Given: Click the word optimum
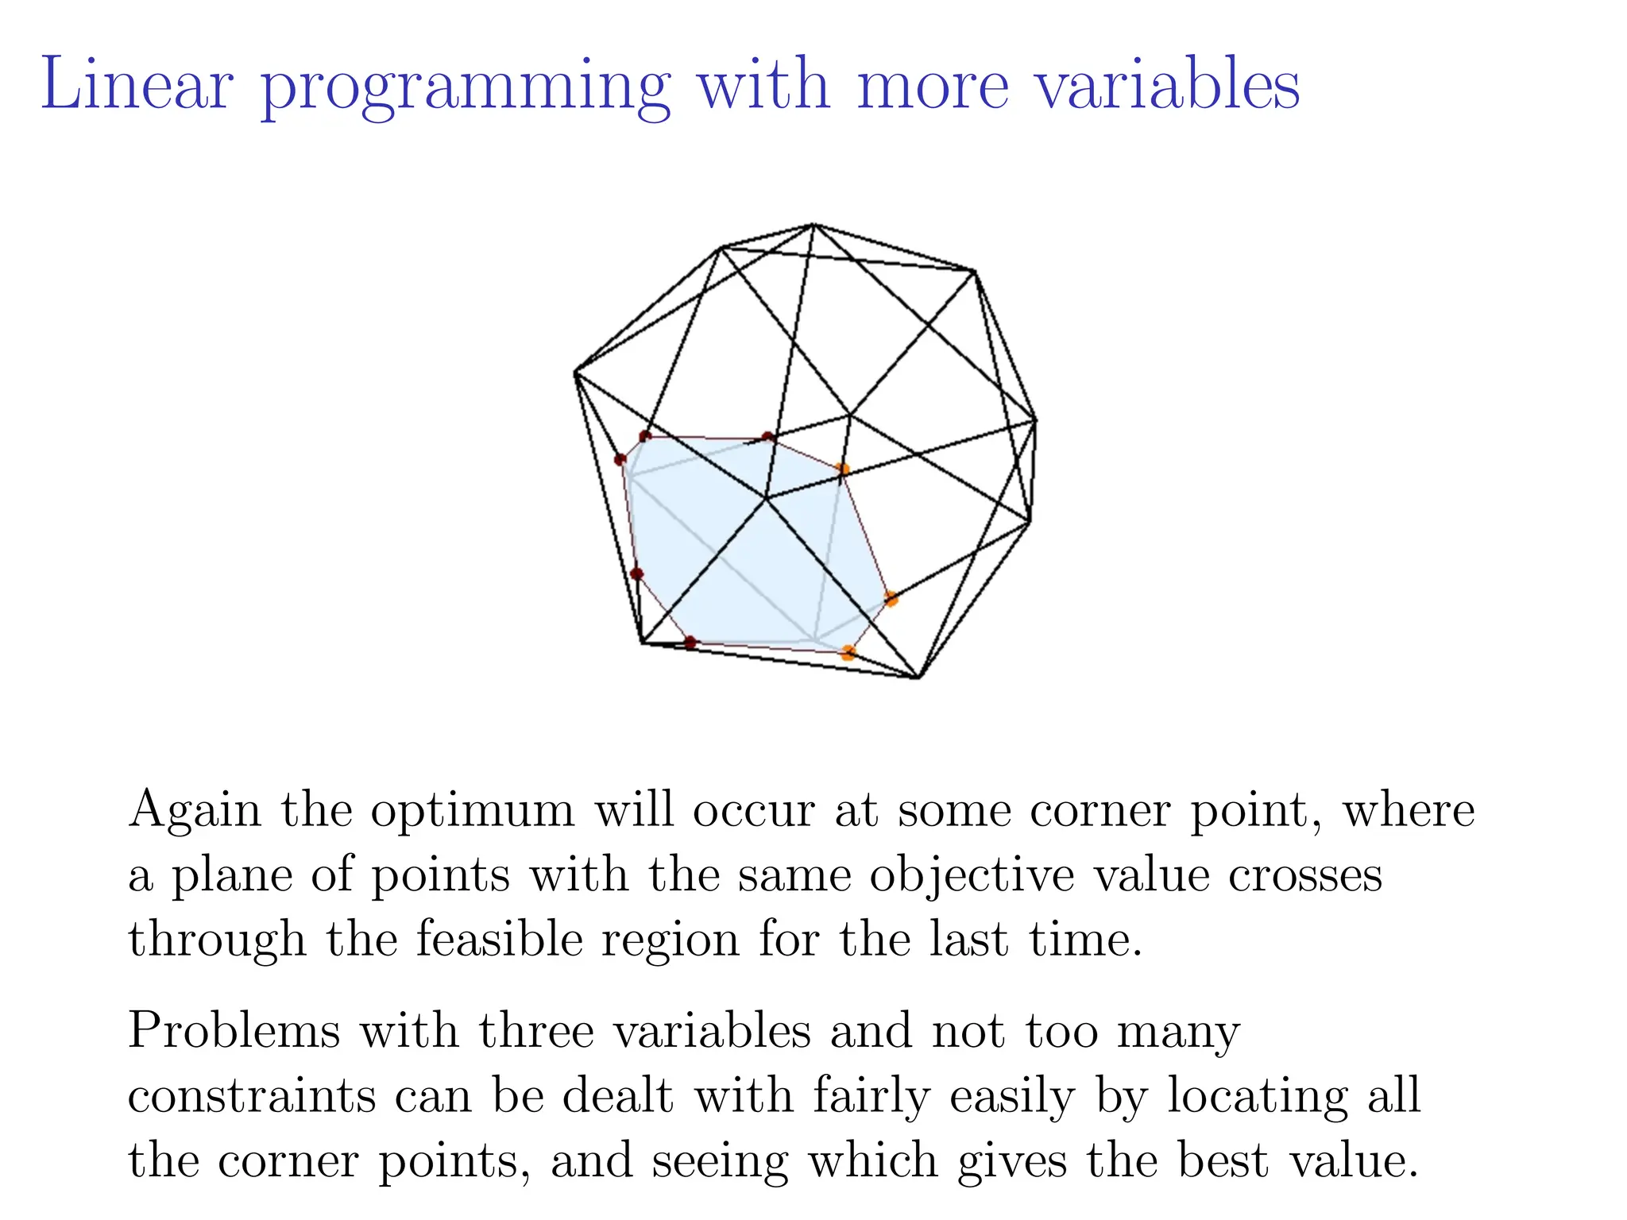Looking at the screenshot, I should click(472, 812).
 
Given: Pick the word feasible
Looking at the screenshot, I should click(499, 940).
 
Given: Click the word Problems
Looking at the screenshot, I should click(234, 1031).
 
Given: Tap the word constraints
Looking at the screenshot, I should click(252, 1096).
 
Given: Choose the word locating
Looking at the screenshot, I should click(1257, 1098).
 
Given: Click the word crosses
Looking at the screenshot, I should click(1304, 875).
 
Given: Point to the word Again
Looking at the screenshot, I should click(195, 812).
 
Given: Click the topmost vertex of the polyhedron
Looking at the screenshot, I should click(813, 225).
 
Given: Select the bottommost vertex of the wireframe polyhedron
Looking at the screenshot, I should click(918, 678).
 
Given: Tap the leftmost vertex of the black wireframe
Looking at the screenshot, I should click(575, 372).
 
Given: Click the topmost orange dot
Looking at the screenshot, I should click(843, 469).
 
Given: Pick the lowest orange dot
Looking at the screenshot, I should click(848, 653).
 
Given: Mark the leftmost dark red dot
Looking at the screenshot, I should click(620, 459).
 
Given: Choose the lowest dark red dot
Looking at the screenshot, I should click(690, 642).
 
